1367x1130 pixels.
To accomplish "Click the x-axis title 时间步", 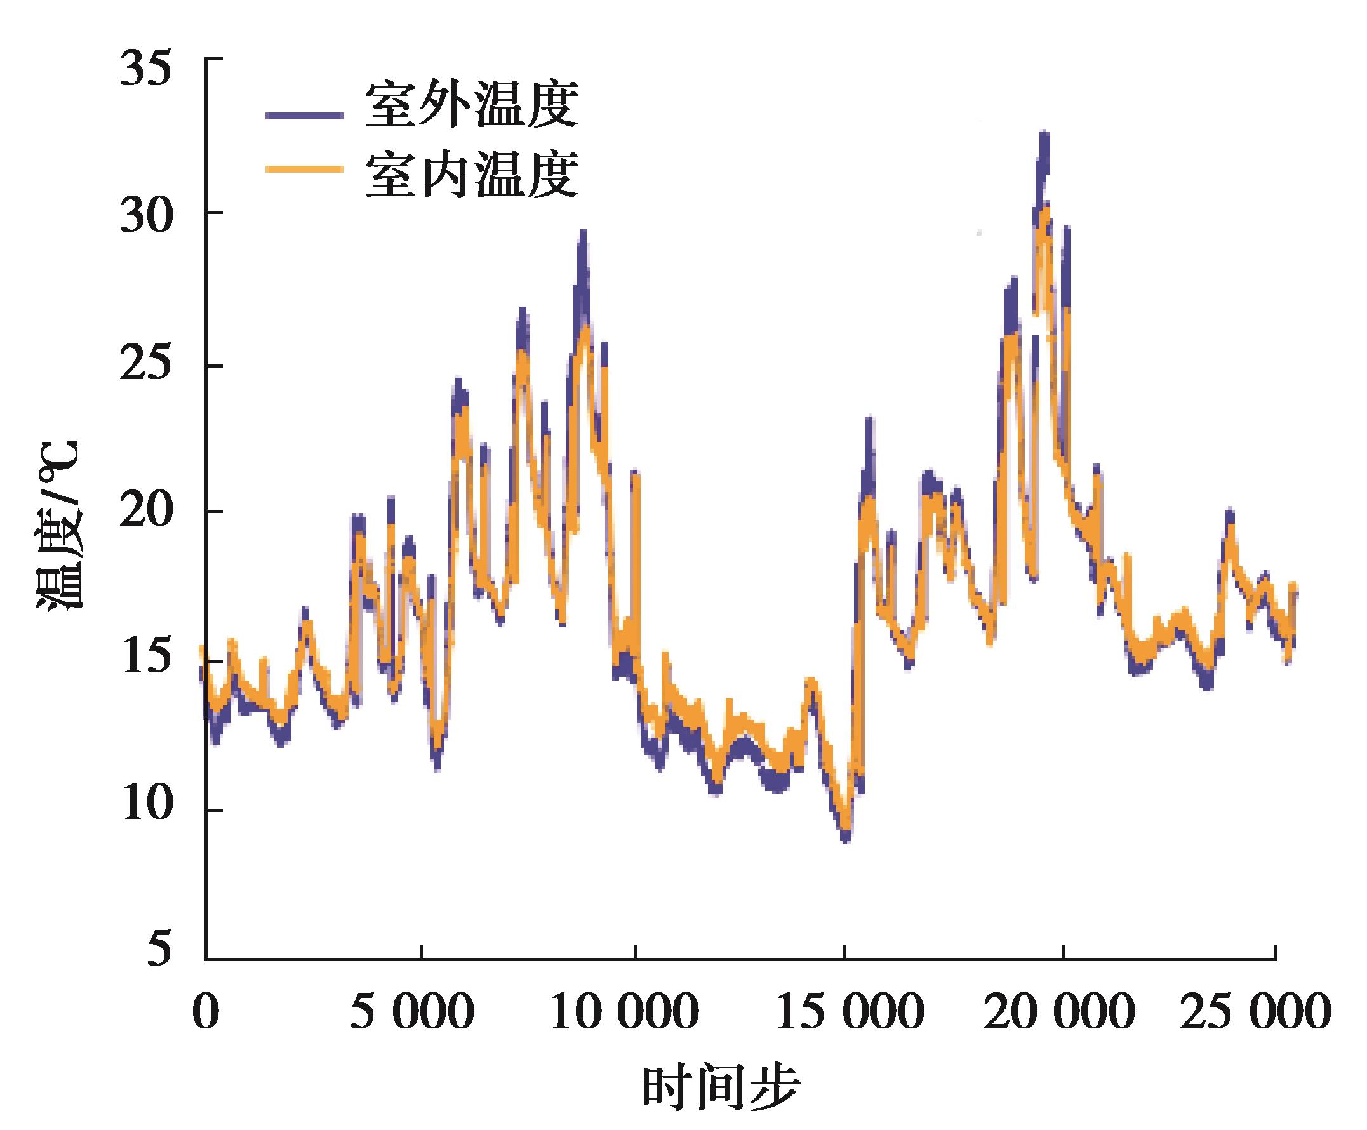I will click(x=721, y=1087).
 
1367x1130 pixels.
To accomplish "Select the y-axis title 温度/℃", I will click(x=58, y=524).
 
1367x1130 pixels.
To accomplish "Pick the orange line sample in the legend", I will click(x=304, y=169).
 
